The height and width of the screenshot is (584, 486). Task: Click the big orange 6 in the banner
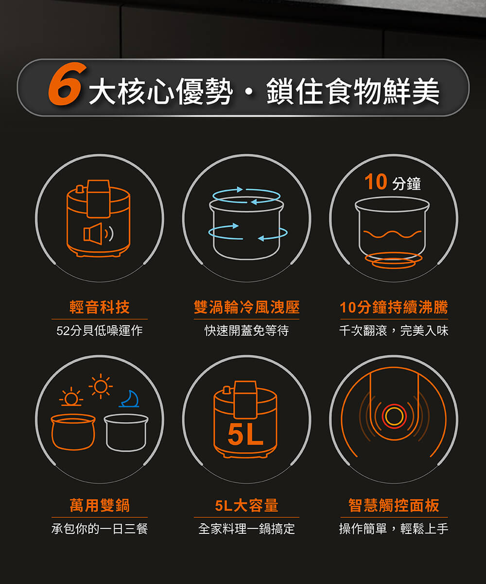67,84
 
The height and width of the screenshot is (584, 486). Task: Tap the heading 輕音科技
100,307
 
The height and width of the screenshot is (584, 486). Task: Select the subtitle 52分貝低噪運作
100,330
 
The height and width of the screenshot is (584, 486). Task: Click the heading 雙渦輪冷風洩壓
246,307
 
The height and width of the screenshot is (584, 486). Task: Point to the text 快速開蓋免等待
246,330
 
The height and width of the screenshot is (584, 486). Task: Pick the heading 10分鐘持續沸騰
394,307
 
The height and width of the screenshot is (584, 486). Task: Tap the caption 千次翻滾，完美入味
394,330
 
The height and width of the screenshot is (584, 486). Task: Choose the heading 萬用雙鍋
100,506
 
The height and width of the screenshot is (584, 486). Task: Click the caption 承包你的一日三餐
100,529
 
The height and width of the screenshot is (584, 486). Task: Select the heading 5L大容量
246,506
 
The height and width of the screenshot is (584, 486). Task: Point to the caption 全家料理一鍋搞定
246,529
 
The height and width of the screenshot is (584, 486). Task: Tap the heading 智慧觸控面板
394,506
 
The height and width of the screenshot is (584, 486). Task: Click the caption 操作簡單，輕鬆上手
394,529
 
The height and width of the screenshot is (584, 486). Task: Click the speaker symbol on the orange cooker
98,234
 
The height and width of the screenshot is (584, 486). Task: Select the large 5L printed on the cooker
245,435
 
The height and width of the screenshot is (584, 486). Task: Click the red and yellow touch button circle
394,417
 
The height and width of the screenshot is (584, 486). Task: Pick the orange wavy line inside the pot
392,234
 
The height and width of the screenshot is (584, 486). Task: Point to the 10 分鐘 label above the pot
392,182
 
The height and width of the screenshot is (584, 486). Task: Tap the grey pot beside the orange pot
126,433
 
